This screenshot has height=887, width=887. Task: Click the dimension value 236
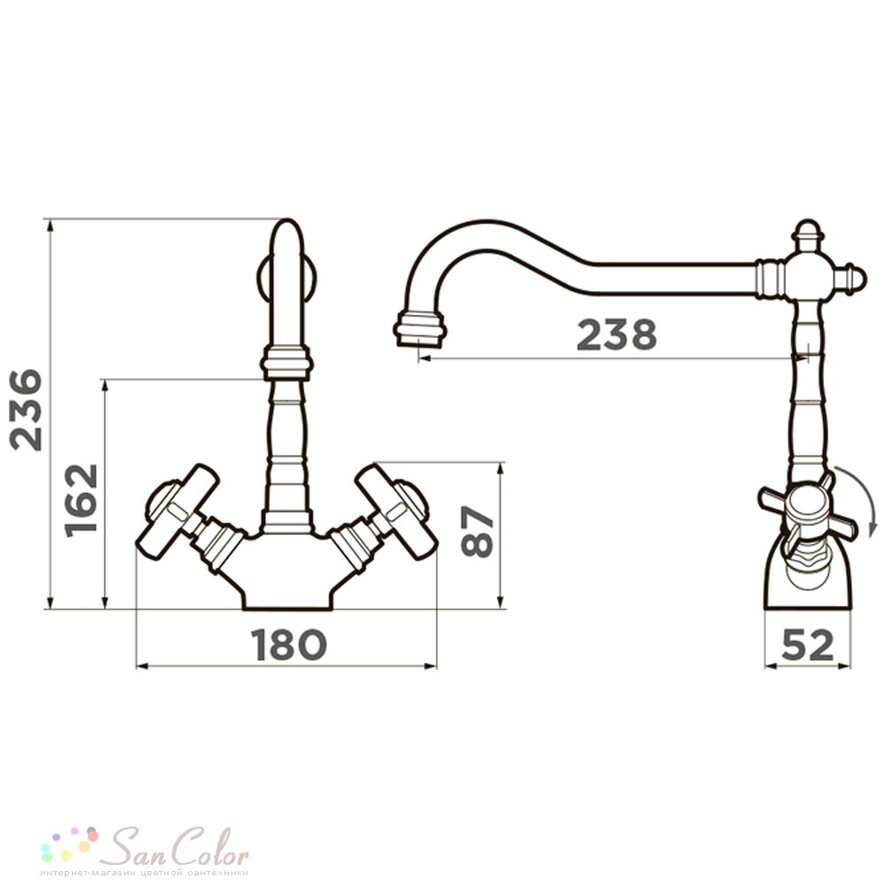28,410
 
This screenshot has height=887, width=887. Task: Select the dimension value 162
82,500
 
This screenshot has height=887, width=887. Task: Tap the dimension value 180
289,644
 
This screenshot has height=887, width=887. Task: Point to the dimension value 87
478,530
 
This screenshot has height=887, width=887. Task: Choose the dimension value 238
616,334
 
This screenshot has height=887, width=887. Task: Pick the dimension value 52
807,644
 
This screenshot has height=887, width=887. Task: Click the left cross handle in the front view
177,512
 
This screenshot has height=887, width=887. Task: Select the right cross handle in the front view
397,512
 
